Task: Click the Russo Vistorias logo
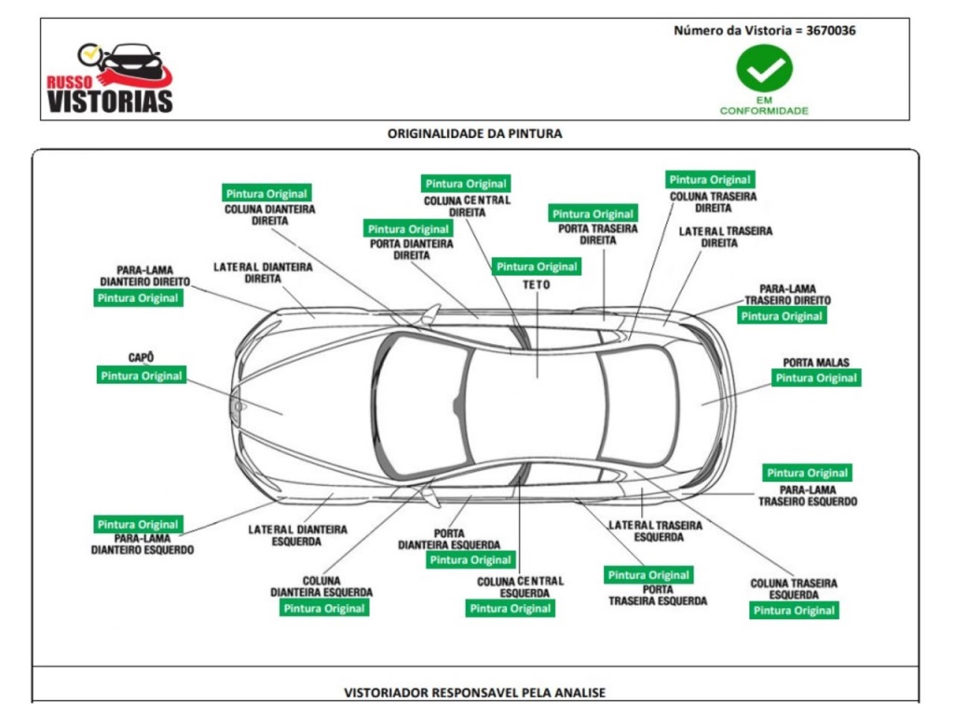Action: pos(110,78)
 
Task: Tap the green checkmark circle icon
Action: pos(764,68)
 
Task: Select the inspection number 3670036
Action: pos(830,31)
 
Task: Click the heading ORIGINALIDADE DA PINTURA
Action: pos(474,133)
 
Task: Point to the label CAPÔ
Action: pos(142,357)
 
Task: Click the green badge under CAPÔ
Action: pos(142,376)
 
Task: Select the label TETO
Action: pos(536,284)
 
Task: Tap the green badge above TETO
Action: pos(537,267)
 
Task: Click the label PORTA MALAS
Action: pos(816,363)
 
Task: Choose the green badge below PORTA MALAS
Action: pos(816,379)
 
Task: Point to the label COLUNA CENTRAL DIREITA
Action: pos(468,206)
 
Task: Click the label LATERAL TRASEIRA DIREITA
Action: pos(725,237)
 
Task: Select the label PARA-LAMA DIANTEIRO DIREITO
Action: pos(144,276)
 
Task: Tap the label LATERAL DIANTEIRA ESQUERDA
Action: pos(297,535)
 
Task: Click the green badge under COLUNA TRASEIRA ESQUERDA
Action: pos(794,611)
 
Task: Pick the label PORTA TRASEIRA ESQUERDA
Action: pos(658,595)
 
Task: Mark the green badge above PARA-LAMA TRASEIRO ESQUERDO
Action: pos(808,473)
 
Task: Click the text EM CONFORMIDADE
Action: pos(764,105)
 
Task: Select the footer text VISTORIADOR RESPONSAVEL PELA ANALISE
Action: pos(474,693)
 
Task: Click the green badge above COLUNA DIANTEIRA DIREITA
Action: pos(266,194)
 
